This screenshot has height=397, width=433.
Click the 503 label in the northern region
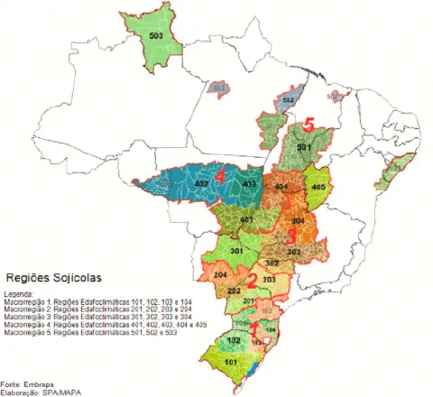point(157,35)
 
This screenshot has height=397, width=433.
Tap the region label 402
point(202,184)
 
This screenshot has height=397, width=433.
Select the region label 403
point(246,184)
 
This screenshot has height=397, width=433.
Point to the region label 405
point(318,187)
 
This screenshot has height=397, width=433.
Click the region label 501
point(304,146)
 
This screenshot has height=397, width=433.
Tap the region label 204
point(220,274)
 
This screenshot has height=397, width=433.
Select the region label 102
point(234,340)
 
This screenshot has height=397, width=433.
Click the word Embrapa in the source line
point(35,383)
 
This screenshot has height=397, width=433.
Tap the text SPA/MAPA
point(53,392)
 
